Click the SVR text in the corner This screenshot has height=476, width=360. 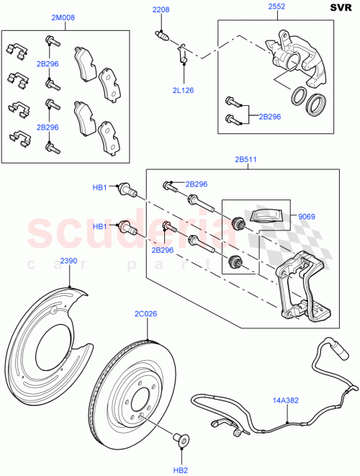[x=341, y=8]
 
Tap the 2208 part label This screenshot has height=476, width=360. [x=160, y=9]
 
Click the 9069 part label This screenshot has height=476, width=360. [x=306, y=215]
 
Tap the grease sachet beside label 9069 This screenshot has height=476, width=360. [x=266, y=214]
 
